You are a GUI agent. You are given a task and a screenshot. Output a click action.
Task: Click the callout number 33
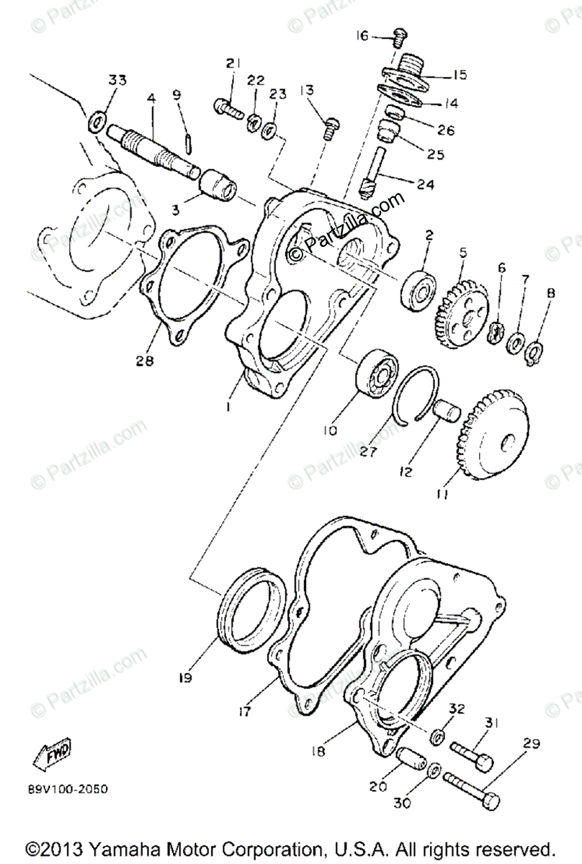point(117,79)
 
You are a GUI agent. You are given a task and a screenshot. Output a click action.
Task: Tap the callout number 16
point(362,35)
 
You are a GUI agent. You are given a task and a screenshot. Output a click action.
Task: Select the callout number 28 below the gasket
point(145,361)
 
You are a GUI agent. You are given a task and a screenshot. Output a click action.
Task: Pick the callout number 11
point(442,495)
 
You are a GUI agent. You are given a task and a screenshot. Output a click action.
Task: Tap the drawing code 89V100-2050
point(69,789)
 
